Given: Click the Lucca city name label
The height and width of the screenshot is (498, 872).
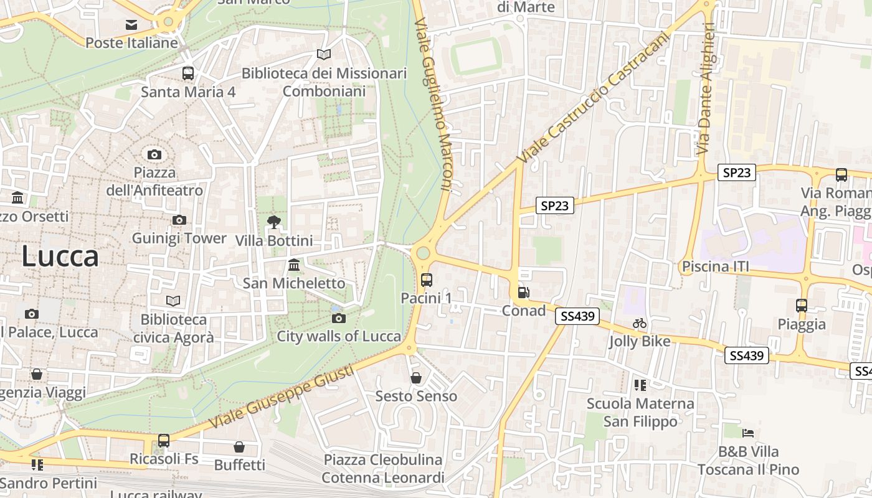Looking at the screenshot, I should (x=60, y=256).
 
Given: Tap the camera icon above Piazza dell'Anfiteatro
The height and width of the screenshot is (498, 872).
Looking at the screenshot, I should (x=154, y=154).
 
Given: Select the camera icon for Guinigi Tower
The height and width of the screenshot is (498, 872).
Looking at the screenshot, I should (x=179, y=220).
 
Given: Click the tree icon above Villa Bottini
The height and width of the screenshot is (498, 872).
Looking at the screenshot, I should (x=273, y=222).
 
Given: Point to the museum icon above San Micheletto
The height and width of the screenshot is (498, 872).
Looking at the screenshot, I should (x=294, y=265).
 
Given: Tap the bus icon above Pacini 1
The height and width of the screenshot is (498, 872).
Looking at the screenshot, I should (x=427, y=280).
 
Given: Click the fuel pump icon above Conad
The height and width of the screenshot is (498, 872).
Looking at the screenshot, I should (x=523, y=292).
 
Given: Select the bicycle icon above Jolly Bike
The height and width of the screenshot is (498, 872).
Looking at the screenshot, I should (x=640, y=323).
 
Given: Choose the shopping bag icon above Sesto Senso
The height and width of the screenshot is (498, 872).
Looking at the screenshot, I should (x=416, y=378).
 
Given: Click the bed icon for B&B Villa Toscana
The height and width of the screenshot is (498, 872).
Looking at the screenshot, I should (x=748, y=433).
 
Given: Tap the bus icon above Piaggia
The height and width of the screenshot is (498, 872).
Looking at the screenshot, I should (x=802, y=306).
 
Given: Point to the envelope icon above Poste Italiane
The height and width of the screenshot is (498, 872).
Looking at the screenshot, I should (x=131, y=25).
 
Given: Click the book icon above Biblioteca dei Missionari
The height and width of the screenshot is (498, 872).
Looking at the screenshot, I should (x=323, y=55).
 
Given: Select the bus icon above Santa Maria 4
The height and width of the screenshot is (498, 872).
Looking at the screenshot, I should (x=188, y=73).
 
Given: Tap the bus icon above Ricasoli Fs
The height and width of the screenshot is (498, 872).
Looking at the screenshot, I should (x=164, y=441).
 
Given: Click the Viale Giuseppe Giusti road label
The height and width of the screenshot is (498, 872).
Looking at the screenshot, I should (x=282, y=397).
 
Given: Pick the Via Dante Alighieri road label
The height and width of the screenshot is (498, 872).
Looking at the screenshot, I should (x=706, y=88).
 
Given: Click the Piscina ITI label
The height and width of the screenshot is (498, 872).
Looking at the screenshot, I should (x=715, y=267).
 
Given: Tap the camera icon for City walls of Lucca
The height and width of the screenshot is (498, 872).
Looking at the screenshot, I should (x=339, y=319).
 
